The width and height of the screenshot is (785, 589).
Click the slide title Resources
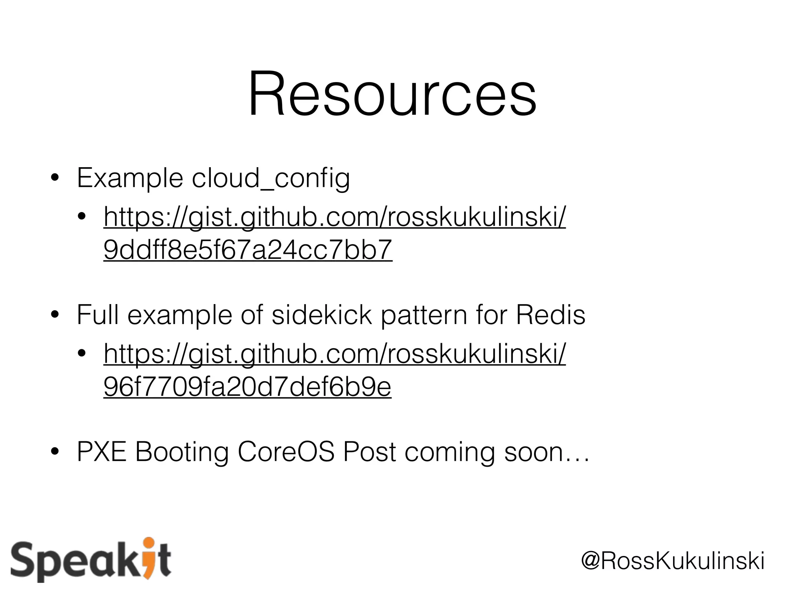[392, 94]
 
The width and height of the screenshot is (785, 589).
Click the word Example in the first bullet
[130, 179]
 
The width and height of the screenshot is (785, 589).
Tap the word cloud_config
[271, 179]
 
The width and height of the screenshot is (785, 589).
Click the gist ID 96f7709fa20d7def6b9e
[247, 387]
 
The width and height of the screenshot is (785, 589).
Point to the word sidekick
[322, 315]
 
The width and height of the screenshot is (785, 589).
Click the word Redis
[550, 315]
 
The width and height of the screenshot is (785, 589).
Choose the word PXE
[101, 452]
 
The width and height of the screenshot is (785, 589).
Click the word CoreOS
[286, 452]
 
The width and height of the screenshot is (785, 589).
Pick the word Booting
[182, 452]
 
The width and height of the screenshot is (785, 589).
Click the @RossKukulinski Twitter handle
[673, 561]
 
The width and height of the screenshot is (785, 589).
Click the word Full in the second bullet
[97, 315]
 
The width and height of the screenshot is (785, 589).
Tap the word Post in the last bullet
[370, 452]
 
